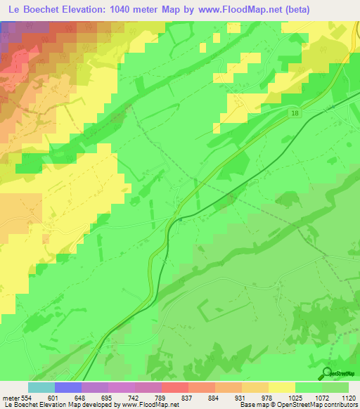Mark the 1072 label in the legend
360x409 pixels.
(323, 398)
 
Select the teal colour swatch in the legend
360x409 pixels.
(41, 387)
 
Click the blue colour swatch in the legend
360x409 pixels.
(68, 387)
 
